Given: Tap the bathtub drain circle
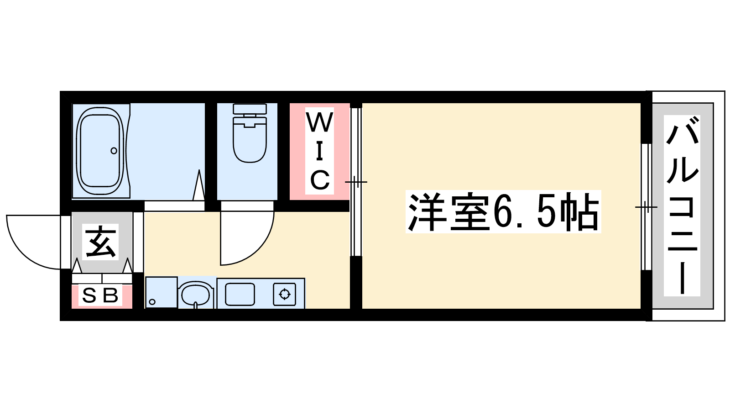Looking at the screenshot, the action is coord(114,151).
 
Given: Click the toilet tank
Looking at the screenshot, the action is coord(250,109).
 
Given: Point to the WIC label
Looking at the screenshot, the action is coord(320,151).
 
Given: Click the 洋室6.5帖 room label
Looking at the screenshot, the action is coord(503,211).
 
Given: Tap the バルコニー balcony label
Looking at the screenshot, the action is coord(682,205).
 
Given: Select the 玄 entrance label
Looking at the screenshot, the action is coord(100,242).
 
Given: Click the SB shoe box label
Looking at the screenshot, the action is coord(100,295).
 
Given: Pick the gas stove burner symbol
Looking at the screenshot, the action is coord(285,294).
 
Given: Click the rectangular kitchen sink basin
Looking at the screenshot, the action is coord(240,294).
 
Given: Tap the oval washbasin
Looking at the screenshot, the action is coord(196,294).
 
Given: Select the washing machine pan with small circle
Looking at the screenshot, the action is coord(162,292).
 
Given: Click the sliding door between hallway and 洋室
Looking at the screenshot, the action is coord(356,182).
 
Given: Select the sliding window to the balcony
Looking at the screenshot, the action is coord(647,207).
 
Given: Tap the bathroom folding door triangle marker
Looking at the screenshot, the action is coord(199,185).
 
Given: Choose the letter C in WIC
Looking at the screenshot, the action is coord(320,179).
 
